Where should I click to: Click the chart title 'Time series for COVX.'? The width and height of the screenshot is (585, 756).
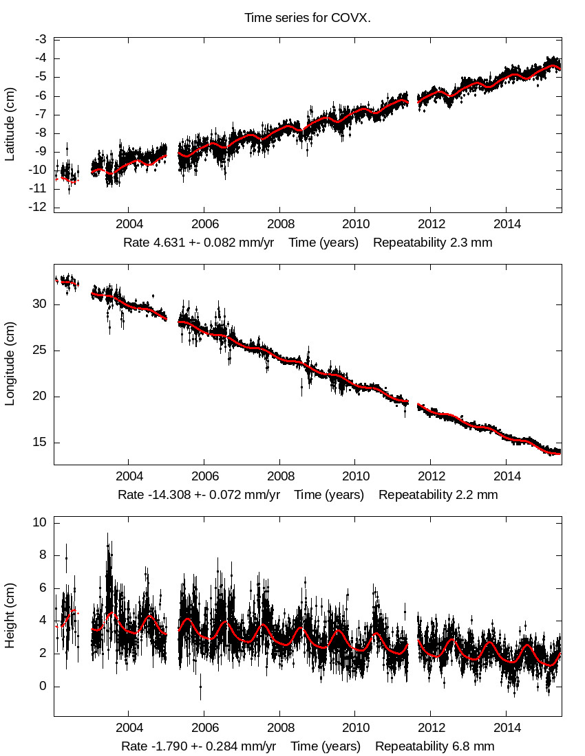click(x=308, y=18)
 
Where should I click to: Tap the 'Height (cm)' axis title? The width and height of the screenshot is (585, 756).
click(x=10, y=621)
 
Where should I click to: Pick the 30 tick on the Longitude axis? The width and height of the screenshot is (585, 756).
click(x=39, y=304)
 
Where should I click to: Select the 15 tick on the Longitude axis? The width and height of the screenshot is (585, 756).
click(x=39, y=443)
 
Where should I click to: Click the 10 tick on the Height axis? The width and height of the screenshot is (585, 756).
click(x=39, y=523)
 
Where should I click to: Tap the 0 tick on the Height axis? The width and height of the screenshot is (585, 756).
click(x=43, y=687)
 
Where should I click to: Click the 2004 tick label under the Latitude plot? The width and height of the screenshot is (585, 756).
click(x=129, y=225)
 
